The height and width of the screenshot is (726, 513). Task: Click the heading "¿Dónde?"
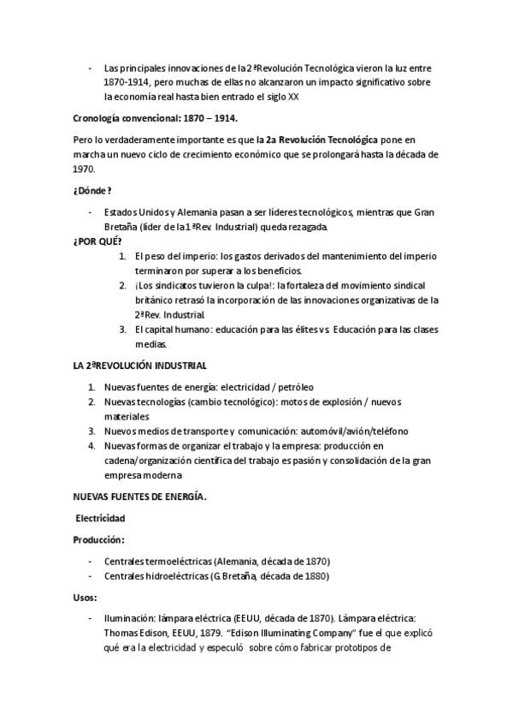click(x=92, y=190)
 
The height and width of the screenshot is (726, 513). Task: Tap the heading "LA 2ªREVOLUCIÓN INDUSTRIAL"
click(x=133, y=366)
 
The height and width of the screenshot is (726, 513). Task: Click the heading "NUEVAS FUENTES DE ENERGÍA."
click(x=139, y=497)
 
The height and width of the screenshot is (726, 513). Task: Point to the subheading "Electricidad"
click(x=101, y=519)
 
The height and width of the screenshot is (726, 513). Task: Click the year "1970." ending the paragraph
click(x=85, y=169)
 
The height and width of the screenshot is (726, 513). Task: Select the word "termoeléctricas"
click(x=174, y=561)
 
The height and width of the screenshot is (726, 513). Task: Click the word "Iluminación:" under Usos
click(x=130, y=617)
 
